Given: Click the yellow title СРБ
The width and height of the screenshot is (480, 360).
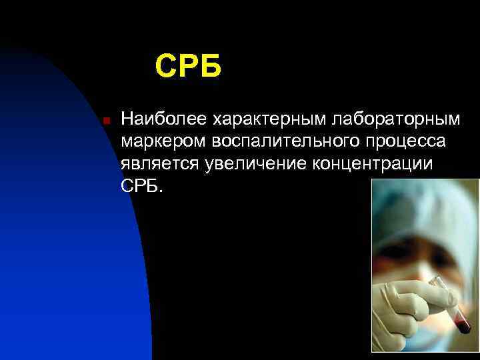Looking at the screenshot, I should pyautogui.click(x=187, y=67).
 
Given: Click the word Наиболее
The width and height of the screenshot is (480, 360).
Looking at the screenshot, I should pyautogui.click(x=164, y=120).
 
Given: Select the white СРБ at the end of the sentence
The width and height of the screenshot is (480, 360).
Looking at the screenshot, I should pyautogui.click(x=139, y=186).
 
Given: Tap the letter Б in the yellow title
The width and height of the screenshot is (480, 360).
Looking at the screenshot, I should pyautogui.click(x=209, y=67).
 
